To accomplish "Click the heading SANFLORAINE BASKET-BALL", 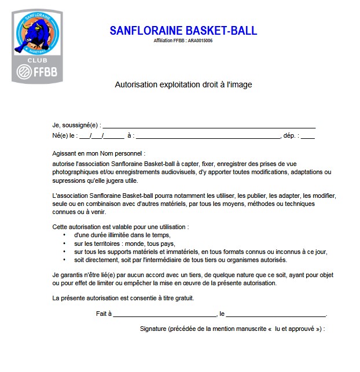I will pyautogui.click(x=183, y=31).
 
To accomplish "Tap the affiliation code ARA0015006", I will pyautogui.click(x=200, y=41).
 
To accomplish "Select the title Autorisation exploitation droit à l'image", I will pyautogui.click(x=183, y=84).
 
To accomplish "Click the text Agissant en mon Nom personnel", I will pyautogui.click(x=97, y=154).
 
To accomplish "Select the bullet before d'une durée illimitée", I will pyautogui.click(x=64, y=235).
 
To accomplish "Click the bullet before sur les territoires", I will pyautogui.click(x=64, y=244).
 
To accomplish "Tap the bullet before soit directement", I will pyautogui.click(x=64, y=260).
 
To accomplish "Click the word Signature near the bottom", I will pyautogui.click(x=153, y=329).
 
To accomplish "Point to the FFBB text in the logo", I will pyautogui.click(x=45, y=73).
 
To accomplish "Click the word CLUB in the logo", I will pyautogui.click(x=38, y=60).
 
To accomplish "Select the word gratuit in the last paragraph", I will pyautogui.click(x=183, y=298).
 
